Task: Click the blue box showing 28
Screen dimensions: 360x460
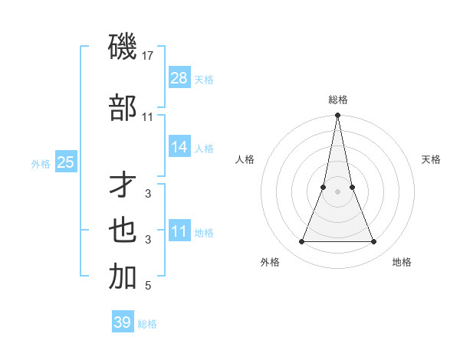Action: [x=179, y=78]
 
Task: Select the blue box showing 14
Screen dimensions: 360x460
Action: [x=179, y=147]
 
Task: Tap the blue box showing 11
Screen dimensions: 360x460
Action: [x=179, y=231]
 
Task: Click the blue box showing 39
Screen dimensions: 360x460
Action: [x=123, y=322]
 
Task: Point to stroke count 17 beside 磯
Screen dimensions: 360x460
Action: [x=148, y=55]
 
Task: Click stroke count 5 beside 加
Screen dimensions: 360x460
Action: [x=148, y=286]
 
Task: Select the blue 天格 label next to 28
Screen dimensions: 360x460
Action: [x=204, y=80]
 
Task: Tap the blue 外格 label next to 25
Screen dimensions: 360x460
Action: [x=41, y=163]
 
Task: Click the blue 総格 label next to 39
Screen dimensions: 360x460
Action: [x=147, y=324]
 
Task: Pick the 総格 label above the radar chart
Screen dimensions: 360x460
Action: [x=337, y=100]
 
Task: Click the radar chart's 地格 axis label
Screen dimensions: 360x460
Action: [x=402, y=262]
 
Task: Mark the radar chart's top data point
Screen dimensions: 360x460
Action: [x=337, y=116]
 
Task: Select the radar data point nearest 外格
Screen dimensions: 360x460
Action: [x=301, y=242]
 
